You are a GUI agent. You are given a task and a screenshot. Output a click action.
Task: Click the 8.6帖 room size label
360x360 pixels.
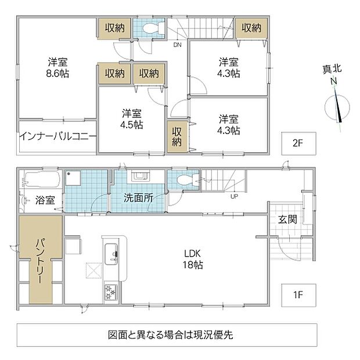(x=57, y=74)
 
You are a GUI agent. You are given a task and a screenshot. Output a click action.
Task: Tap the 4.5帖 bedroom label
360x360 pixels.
(x=132, y=125)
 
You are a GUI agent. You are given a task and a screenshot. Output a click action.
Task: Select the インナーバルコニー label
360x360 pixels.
(x=57, y=137)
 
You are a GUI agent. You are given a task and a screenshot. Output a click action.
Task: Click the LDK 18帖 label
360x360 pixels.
(x=193, y=260)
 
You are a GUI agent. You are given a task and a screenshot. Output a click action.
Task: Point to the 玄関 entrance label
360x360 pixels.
(x=287, y=219)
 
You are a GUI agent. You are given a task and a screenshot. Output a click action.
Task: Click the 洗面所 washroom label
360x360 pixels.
(x=138, y=197)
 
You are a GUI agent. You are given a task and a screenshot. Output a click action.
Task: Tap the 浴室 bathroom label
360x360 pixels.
(x=45, y=200)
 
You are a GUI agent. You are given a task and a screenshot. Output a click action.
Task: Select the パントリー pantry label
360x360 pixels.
(x=41, y=261)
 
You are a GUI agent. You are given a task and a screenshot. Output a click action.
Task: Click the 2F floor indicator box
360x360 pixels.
(x=298, y=143)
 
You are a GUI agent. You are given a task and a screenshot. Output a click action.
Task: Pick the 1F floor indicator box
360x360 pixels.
(x=298, y=295)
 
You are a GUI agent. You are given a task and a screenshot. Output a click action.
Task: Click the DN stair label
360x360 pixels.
(x=177, y=45)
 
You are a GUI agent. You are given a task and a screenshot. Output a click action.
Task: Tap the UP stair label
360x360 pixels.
(x=234, y=196)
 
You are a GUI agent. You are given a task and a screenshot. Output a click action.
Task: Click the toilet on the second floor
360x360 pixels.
(x=153, y=28)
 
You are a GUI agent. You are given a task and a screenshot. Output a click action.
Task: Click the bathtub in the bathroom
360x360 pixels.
(x=42, y=179)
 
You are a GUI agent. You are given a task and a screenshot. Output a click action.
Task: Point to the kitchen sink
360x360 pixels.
(x=111, y=254)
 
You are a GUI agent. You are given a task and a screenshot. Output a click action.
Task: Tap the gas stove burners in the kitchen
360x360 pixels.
(x=111, y=292)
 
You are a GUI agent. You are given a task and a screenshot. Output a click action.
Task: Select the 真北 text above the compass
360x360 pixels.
(x=332, y=69)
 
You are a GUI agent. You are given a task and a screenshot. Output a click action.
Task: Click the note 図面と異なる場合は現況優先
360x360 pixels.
(x=170, y=335)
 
